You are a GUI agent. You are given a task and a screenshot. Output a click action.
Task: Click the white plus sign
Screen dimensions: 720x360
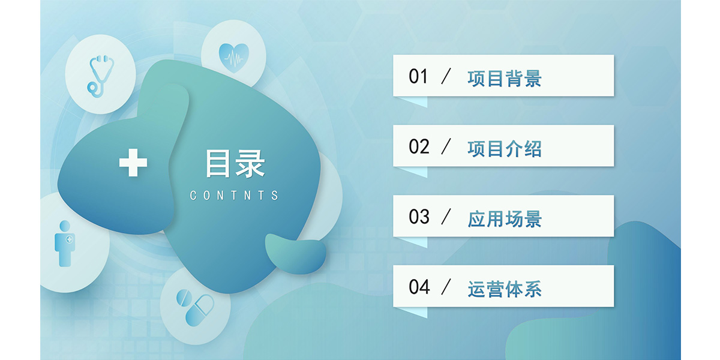[133, 163]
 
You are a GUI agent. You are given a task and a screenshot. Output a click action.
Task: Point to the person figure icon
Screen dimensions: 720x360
[65, 244]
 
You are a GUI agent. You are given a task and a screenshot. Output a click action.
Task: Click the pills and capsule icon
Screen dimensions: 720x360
[195, 308]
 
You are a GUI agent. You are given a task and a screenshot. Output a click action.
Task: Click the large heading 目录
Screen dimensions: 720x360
[235, 163]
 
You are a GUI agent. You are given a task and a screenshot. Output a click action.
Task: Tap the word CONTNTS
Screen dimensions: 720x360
[234, 196]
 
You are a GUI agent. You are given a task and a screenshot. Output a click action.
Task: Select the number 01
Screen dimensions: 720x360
[418, 77]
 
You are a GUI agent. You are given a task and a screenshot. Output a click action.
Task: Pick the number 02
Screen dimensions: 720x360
[419, 146]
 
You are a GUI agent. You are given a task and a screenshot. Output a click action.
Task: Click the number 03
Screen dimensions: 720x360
[419, 217]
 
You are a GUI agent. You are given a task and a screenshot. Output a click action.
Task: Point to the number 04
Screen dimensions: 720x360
[419, 287]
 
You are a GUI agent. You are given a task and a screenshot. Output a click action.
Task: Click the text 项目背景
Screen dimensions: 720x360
[505, 79]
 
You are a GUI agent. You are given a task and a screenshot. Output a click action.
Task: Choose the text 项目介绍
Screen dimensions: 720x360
[505, 149]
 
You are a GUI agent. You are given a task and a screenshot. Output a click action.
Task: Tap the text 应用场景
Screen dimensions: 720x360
[505, 219]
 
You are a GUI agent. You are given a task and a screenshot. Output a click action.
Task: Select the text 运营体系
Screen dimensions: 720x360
[505, 289]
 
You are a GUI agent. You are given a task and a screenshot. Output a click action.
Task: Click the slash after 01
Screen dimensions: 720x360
[446, 76]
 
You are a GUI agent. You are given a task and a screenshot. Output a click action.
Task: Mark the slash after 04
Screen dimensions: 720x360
[446, 287]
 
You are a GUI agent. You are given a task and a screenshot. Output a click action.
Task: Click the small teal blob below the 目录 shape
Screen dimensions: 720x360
[295, 254]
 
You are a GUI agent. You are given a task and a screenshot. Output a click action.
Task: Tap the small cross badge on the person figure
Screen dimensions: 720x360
[69, 239]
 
